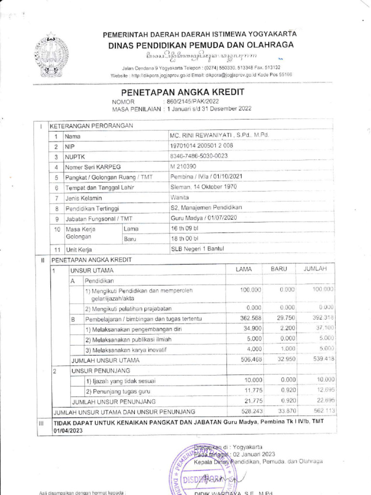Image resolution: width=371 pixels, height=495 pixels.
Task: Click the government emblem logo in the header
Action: tap(52, 54)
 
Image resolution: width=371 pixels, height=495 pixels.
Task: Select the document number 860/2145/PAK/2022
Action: tap(191, 102)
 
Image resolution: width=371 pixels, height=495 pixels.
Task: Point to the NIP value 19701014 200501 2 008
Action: tap(201, 146)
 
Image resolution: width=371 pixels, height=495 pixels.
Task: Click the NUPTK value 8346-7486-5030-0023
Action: tap(199, 156)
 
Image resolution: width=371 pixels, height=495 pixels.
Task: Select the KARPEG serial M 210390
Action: tap(184, 166)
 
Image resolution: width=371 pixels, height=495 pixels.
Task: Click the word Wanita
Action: tap(179, 197)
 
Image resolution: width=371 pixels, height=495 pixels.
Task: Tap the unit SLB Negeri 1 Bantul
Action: tap(197, 249)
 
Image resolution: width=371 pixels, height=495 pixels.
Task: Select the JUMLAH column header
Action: tap(316, 269)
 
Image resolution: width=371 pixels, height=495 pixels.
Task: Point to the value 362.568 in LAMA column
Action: tap(251, 318)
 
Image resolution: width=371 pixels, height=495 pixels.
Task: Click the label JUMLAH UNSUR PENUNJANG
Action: tap(114, 401)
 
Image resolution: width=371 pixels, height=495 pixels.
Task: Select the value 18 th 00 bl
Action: tap(185, 238)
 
